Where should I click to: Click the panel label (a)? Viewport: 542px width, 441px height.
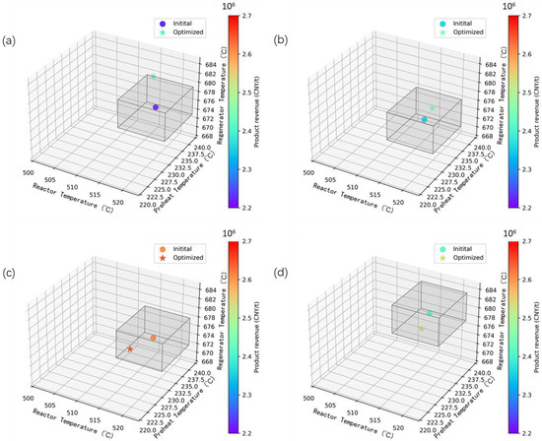click(9, 41)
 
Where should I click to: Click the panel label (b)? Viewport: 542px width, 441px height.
click(279, 41)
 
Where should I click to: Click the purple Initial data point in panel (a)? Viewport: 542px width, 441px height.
click(156, 106)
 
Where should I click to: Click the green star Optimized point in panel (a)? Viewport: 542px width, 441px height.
click(153, 76)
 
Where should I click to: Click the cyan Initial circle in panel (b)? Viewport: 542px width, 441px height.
click(424, 119)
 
